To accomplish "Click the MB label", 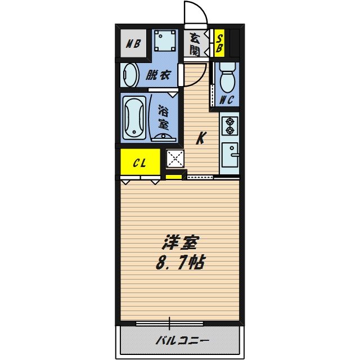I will (x=133, y=43).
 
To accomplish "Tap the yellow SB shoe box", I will (x=219, y=43).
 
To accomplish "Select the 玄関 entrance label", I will (x=195, y=44).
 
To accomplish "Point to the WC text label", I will (x=227, y=101).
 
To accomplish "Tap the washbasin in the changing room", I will (x=130, y=75).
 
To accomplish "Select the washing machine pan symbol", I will (x=165, y=40).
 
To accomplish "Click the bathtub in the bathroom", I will (x=134, y=118).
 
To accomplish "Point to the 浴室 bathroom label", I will (x=164, y=116).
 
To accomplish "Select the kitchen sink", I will (x=230, y=154).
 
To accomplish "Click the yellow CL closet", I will (x=140, y=163).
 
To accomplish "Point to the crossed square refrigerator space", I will (x=175, y=159).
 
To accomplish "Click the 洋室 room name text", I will (x=181, y=243).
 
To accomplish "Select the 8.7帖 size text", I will (x=181, y=262).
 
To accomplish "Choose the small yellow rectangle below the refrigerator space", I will (x=174, y=178).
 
